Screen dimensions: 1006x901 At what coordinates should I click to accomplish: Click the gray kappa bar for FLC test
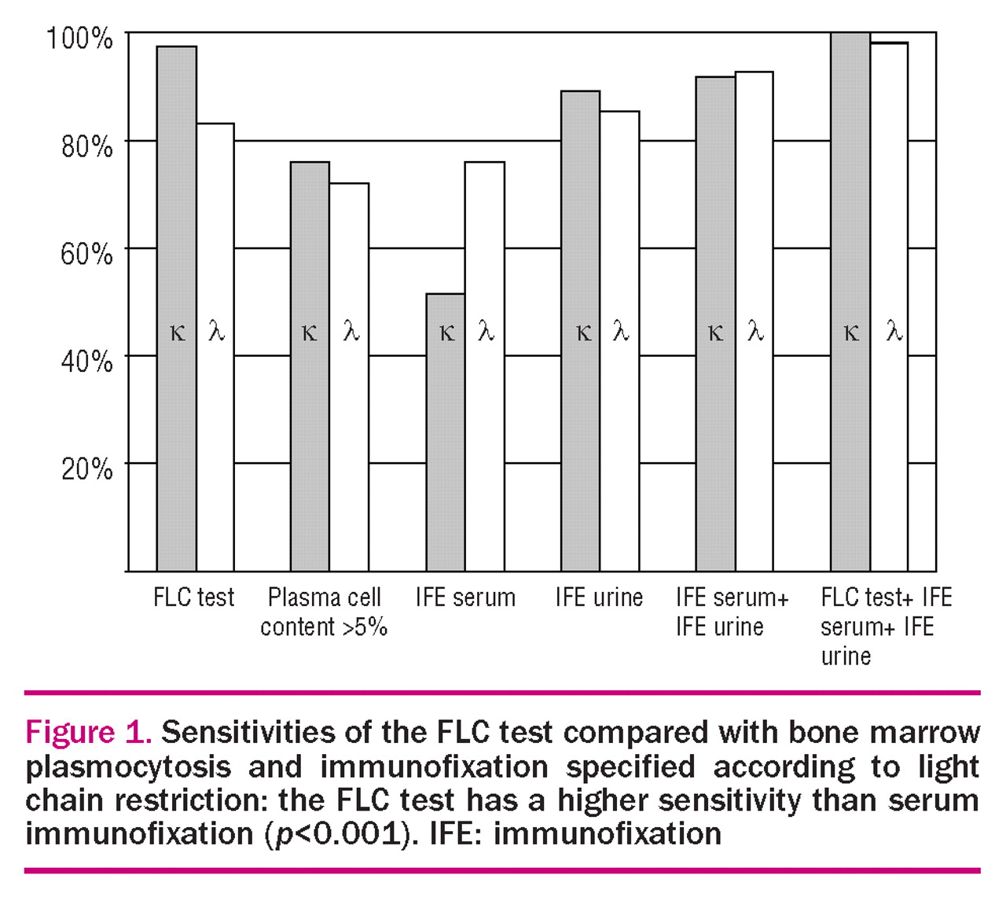[x=176, y=308]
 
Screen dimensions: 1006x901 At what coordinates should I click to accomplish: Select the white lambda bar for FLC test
[x=215, y=348]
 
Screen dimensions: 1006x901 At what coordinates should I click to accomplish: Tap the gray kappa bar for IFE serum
[x=446, y=432]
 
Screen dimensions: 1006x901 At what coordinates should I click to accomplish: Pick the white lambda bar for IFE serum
[x=485, y=366]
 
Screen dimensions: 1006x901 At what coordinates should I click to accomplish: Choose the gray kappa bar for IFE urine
[x=581, y=331]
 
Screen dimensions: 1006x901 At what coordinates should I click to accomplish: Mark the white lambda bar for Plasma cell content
[x=349, y=377]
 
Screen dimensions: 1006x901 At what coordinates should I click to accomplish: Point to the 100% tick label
[x=79, y=38]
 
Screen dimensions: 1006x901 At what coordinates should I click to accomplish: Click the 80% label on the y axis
[x=87, y=146]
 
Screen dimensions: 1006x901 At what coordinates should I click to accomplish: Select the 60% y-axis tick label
[x=87, y=253]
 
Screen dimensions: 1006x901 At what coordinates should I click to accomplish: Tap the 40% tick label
[x=87, y=361]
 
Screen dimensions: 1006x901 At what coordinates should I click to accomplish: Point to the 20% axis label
[x=87, y=469]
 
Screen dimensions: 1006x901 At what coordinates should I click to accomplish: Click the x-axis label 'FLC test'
[x=193, y=597]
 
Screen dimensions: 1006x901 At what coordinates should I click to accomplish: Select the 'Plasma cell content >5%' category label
[x=324, y=612]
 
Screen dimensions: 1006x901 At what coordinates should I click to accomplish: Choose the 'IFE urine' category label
[x=599, y=597]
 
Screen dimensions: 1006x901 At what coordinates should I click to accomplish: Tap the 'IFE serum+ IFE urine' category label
[x=732, y=612]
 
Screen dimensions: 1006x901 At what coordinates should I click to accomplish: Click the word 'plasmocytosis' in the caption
[x=128, y=767]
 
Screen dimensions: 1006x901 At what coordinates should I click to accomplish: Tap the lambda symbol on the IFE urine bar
[x=621, y=331]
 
